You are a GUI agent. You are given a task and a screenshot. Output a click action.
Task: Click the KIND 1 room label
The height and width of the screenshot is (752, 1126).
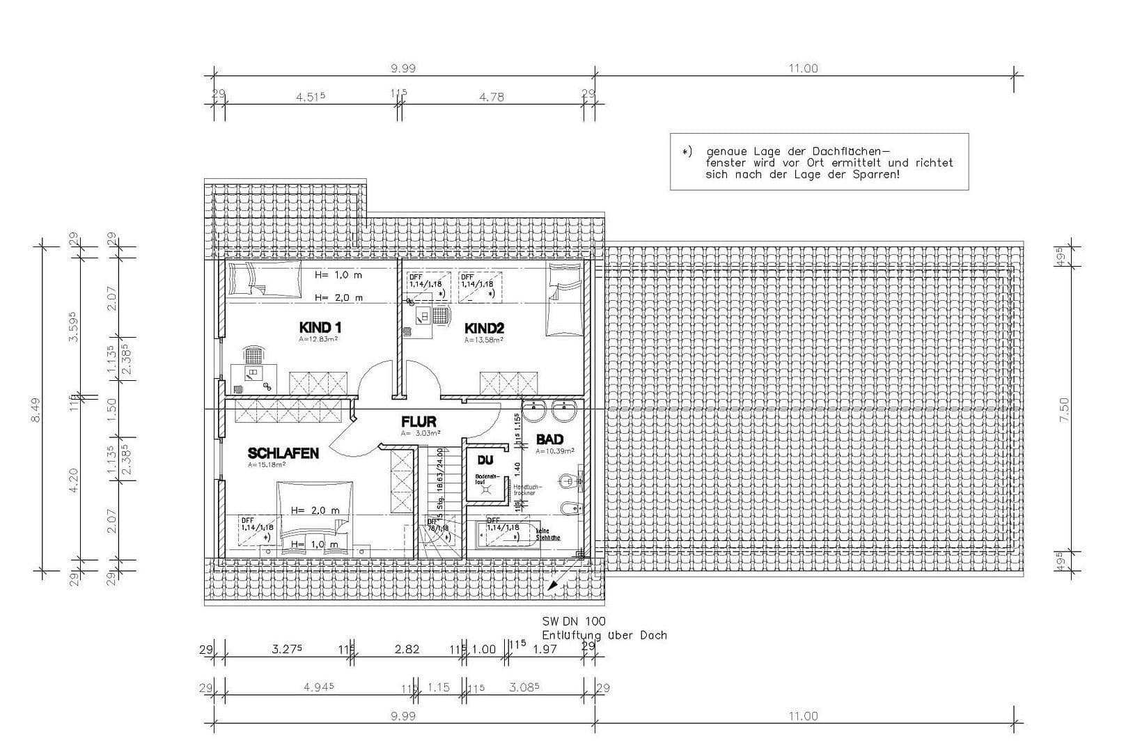tap(320, 327)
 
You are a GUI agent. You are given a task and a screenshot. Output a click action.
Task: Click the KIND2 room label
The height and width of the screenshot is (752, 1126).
tap(484, 328)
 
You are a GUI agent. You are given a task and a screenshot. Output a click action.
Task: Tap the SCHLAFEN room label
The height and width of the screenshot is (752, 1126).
tap(283, 453)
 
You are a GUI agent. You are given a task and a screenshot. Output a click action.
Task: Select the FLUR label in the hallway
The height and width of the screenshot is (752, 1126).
tap(419, 422)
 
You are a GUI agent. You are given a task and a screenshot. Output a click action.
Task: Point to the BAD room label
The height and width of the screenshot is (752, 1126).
tap(549, 439)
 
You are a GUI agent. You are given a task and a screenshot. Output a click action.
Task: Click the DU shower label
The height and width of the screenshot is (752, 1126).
tap(485, 460)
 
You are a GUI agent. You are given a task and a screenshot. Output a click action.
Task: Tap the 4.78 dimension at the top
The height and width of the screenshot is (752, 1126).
tap(492, 97)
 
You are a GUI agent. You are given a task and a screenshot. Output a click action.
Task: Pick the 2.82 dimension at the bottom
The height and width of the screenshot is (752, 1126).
tap(407, 649)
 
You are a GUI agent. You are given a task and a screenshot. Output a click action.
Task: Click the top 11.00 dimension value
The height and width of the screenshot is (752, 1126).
tap(803, 68)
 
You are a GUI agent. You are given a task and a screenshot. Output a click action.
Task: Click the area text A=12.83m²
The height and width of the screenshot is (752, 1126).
tap(318, 340)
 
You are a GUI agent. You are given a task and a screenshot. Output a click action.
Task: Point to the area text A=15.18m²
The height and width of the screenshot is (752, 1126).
tap(267, 464)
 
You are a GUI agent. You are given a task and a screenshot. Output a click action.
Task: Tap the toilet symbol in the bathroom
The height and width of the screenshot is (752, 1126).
tap(570, 480)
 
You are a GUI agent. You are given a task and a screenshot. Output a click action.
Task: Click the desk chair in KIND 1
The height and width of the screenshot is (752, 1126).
tap(254, 355)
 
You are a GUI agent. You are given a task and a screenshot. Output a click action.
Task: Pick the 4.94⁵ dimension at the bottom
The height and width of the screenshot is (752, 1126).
tap(319, 687)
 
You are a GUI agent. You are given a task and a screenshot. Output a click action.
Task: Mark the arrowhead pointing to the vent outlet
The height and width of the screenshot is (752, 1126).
tap(552, 587)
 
